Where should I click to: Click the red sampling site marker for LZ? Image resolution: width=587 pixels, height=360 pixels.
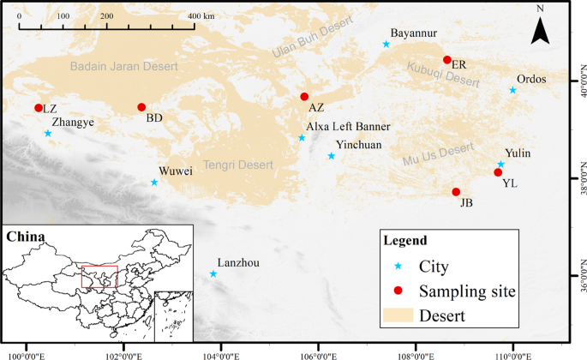click(x=39, y=108)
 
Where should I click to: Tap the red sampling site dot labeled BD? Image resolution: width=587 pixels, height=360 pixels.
click(x=141, y=107)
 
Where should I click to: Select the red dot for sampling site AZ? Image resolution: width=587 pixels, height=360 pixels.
click(x=304, y=97)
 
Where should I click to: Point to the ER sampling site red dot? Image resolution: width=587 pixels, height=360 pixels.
click(x=446, y=60)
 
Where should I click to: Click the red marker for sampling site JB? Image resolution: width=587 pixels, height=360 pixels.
click(x=456, y=192)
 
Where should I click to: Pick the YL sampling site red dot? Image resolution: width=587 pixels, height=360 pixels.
click(x=498, y=172)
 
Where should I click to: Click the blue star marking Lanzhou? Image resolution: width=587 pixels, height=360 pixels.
click(x=213, y=273)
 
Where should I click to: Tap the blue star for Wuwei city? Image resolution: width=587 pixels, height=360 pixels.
click(x=154, y=182)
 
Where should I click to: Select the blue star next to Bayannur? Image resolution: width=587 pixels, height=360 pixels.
click(x=386, y=44)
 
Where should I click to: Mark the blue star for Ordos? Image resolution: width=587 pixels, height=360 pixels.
click(x=512, y=90)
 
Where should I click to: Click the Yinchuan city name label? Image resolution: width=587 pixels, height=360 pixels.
click(x=359, y=146)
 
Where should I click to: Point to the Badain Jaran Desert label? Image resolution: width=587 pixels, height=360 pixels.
click(x=120, y=65)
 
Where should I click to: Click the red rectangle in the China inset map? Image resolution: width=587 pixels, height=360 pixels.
click(x=99, y=277)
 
